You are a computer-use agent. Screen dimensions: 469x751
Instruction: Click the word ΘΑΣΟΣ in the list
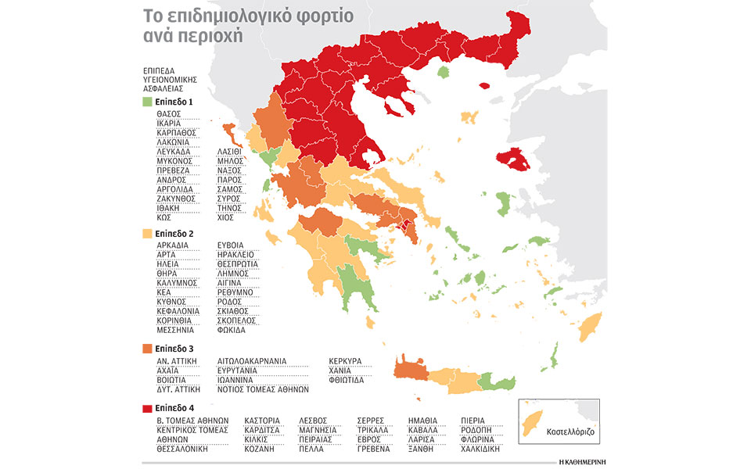click(x=168, y=114)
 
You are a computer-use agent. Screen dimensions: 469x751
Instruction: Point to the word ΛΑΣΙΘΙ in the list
click(x=230, y=152)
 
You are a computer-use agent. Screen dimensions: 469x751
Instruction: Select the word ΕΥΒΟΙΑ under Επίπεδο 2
click(x=230, y=245)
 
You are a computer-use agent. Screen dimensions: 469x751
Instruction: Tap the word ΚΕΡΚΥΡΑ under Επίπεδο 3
click(x=347, y=360)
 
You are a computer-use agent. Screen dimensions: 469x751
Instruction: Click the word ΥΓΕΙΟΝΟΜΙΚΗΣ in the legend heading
click(x=170, y=79)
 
